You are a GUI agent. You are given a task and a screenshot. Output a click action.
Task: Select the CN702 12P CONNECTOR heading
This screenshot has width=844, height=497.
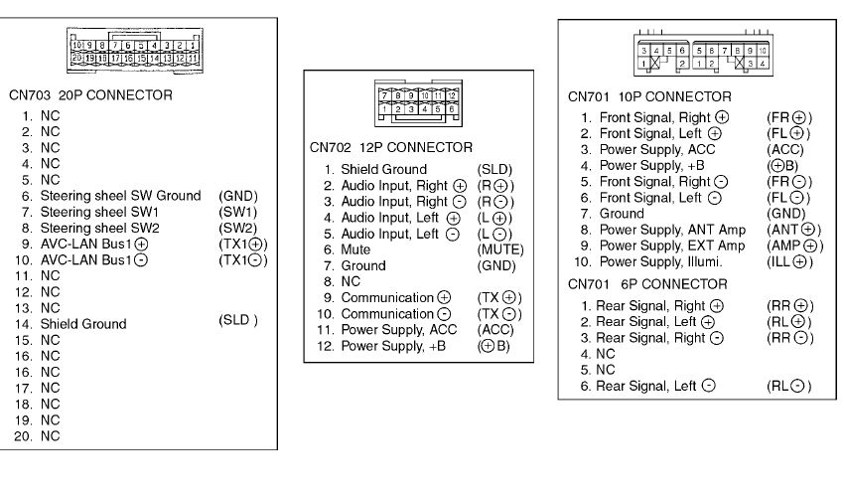pos(391,147)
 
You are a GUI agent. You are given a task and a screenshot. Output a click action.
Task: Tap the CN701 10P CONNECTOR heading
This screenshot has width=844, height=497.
pos(649,97)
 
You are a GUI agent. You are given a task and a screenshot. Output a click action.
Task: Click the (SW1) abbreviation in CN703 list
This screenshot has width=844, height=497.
pos(236,212)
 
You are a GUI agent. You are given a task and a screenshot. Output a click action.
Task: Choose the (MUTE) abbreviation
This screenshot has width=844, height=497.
pos(499,248)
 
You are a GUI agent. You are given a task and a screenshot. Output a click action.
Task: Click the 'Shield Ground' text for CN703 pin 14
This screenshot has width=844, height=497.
pos(83,324)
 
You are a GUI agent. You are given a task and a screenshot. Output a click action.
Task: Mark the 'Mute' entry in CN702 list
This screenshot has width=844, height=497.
pos(354,248)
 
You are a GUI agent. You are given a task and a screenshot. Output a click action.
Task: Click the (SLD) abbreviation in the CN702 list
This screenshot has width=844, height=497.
pos(494,169)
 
